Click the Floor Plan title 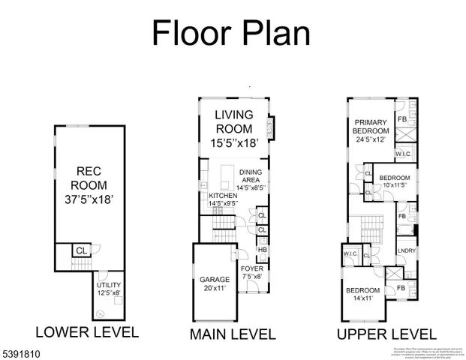[x=231, y=33]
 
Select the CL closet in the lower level [x=80, y=250]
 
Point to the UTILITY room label [x=107, y=286]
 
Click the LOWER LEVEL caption [x=87, y=332]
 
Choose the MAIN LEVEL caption [x=233, y=334]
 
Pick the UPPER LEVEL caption [x=386, y=334]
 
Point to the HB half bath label [x=262, y=250]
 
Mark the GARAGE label [x=215, y=281]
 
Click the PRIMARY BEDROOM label [x=371, y=127]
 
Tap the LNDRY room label [x=406, y=251]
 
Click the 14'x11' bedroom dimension [x=362, y=299]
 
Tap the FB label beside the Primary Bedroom [x=402, y=119]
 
